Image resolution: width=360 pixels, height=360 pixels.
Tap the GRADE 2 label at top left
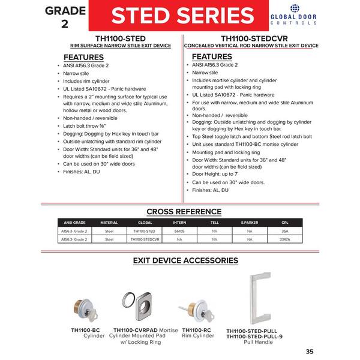(64, 16)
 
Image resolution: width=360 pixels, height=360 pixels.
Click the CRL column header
(285, 223)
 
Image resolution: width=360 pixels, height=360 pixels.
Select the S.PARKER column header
(250, 223)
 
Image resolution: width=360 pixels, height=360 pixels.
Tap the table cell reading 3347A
(285, 238)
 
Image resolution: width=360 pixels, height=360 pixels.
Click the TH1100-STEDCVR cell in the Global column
(143, 238)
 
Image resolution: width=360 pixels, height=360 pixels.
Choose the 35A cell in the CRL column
(285, 230)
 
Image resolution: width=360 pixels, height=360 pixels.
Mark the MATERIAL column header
(109, 223)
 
